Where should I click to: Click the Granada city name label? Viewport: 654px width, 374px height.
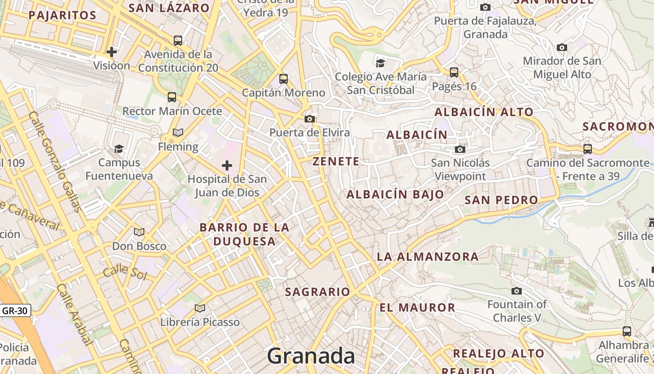coord(311,356)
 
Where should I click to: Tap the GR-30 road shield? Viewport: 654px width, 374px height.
coord(15,310)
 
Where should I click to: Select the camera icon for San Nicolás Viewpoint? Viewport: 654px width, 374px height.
coord(460,149)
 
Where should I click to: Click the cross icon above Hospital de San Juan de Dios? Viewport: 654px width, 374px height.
coord(227,165)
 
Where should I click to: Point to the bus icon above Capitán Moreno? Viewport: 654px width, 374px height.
coord(284,79)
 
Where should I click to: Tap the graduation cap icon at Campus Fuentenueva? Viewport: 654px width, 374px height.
coord(119,149)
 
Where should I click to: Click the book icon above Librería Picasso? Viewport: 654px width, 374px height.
coord(200,308)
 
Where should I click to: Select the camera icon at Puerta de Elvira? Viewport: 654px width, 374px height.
coord(310,119)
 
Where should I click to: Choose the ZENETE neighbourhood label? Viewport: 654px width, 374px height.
coord(336,162)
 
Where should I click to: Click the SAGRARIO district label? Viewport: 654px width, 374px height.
coord(318,292)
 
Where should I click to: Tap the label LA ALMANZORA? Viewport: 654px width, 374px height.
coord(427,257)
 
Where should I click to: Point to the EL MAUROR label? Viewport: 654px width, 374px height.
coord(417,308)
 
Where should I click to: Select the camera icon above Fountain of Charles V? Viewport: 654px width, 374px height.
coord(517,291)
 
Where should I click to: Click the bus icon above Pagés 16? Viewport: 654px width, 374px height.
coord(454,72)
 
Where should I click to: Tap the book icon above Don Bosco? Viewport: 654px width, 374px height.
coord(139,232)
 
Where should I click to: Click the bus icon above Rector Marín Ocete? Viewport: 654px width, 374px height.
coord(172,97)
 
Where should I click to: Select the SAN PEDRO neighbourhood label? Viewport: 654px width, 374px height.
coord(501,200)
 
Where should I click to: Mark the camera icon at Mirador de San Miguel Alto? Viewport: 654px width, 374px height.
coord(562,47)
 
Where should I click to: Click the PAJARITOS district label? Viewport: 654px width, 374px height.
coord(62,15)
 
